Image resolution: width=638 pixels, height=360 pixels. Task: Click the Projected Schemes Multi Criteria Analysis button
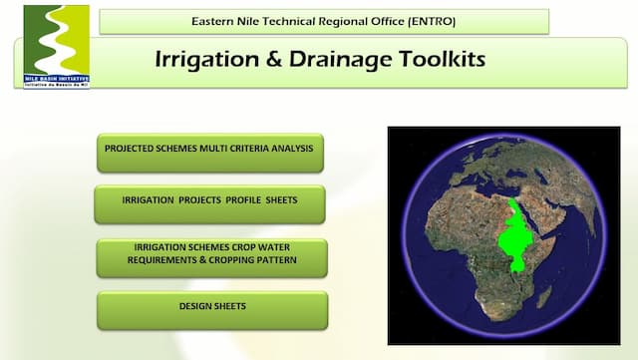point(209,150)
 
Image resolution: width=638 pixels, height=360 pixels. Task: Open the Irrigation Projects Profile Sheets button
point(209,201)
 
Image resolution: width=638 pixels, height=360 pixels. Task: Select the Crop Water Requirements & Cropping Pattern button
point(210,255)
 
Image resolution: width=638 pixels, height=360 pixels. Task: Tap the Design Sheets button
point(211,308)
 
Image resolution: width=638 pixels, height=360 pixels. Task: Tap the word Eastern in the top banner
point(216,21)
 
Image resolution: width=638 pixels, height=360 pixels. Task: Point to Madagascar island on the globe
point(545,296)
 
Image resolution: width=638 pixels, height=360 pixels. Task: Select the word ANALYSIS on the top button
point(288,149)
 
